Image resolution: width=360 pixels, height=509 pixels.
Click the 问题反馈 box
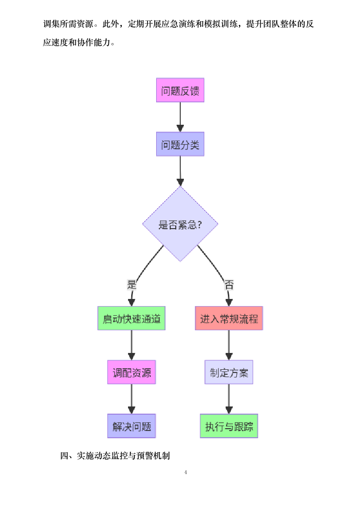(180, 90)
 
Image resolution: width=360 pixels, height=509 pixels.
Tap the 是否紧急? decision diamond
(180, 224)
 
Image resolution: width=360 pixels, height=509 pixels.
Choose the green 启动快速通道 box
(132, 318)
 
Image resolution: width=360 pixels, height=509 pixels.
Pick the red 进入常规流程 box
(229, 318)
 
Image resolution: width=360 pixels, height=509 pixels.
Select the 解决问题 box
(132, 426)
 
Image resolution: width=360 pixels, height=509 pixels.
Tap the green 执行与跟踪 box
(229, 426)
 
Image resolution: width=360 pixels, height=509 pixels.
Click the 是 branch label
(132, 285)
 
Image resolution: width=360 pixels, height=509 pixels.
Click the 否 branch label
(229, 285)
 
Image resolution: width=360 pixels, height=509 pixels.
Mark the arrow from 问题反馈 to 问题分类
(180, 117)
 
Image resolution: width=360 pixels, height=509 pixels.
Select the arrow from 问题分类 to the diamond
(180, 171)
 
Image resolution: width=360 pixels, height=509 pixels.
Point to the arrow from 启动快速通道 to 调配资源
(132, 345)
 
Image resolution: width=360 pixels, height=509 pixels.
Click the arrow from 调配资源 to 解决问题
(132, 399)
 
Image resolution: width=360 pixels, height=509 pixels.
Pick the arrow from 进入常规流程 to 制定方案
(229, 345)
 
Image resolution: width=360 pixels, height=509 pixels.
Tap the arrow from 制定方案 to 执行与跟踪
(229, 399)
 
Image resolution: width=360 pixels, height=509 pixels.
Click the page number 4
(186, 472)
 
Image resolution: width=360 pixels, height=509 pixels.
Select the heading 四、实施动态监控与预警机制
(115, 455)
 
